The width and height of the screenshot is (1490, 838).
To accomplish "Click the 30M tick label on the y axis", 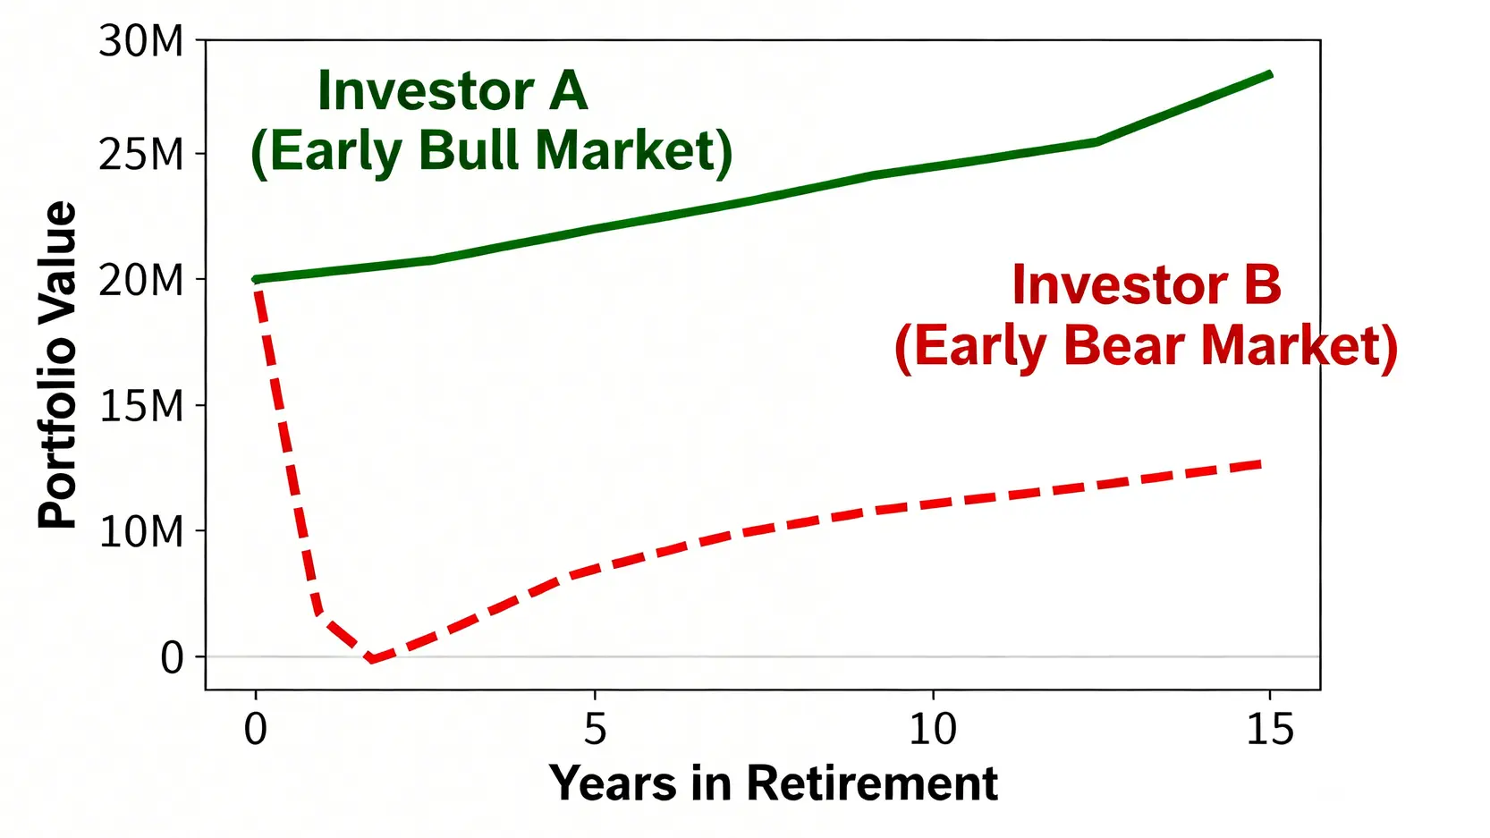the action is tap(140, 41).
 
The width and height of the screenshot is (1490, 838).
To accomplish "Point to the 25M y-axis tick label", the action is tap(140, 155).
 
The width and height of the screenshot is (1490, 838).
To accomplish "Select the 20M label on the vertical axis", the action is tap(140, 280).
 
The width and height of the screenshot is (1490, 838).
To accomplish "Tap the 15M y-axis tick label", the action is tap(140, 406).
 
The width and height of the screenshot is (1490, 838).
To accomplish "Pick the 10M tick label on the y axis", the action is tap(140, 531).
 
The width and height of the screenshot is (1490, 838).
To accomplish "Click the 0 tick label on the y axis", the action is tap(173, 657).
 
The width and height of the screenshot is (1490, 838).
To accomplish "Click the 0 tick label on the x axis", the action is tap(256, 729).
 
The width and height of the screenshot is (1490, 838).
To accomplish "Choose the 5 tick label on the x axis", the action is tap(596, 729).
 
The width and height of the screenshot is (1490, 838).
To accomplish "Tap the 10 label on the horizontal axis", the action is tap(933, 729).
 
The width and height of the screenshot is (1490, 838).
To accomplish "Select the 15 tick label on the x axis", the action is tap(1270, 729).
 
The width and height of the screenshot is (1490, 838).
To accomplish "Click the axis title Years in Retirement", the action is tap(773, 783).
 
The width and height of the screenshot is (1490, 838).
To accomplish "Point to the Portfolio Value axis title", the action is tap(57, 365).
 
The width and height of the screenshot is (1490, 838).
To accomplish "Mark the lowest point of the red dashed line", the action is tap(372, 659).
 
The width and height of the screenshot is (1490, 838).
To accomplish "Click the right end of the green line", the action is tap(1271, 74).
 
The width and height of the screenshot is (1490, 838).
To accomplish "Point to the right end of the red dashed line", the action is tap(1260, 464).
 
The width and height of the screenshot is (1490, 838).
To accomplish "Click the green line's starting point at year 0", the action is tap(256, 279).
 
